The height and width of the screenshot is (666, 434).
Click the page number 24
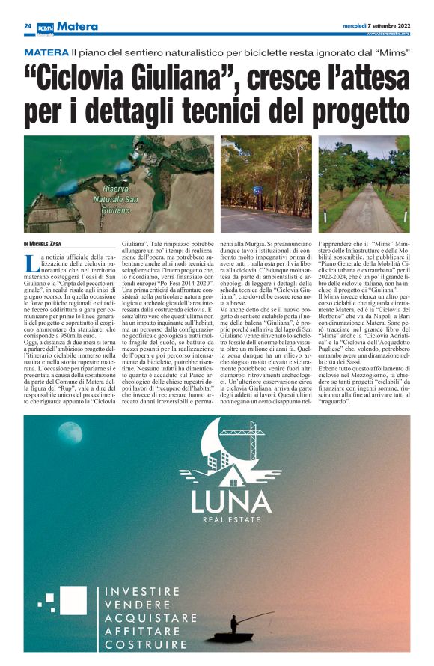28,26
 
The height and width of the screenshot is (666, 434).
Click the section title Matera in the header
79,26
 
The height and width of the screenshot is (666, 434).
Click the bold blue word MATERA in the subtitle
46,54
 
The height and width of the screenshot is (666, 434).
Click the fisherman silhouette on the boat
234,623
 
